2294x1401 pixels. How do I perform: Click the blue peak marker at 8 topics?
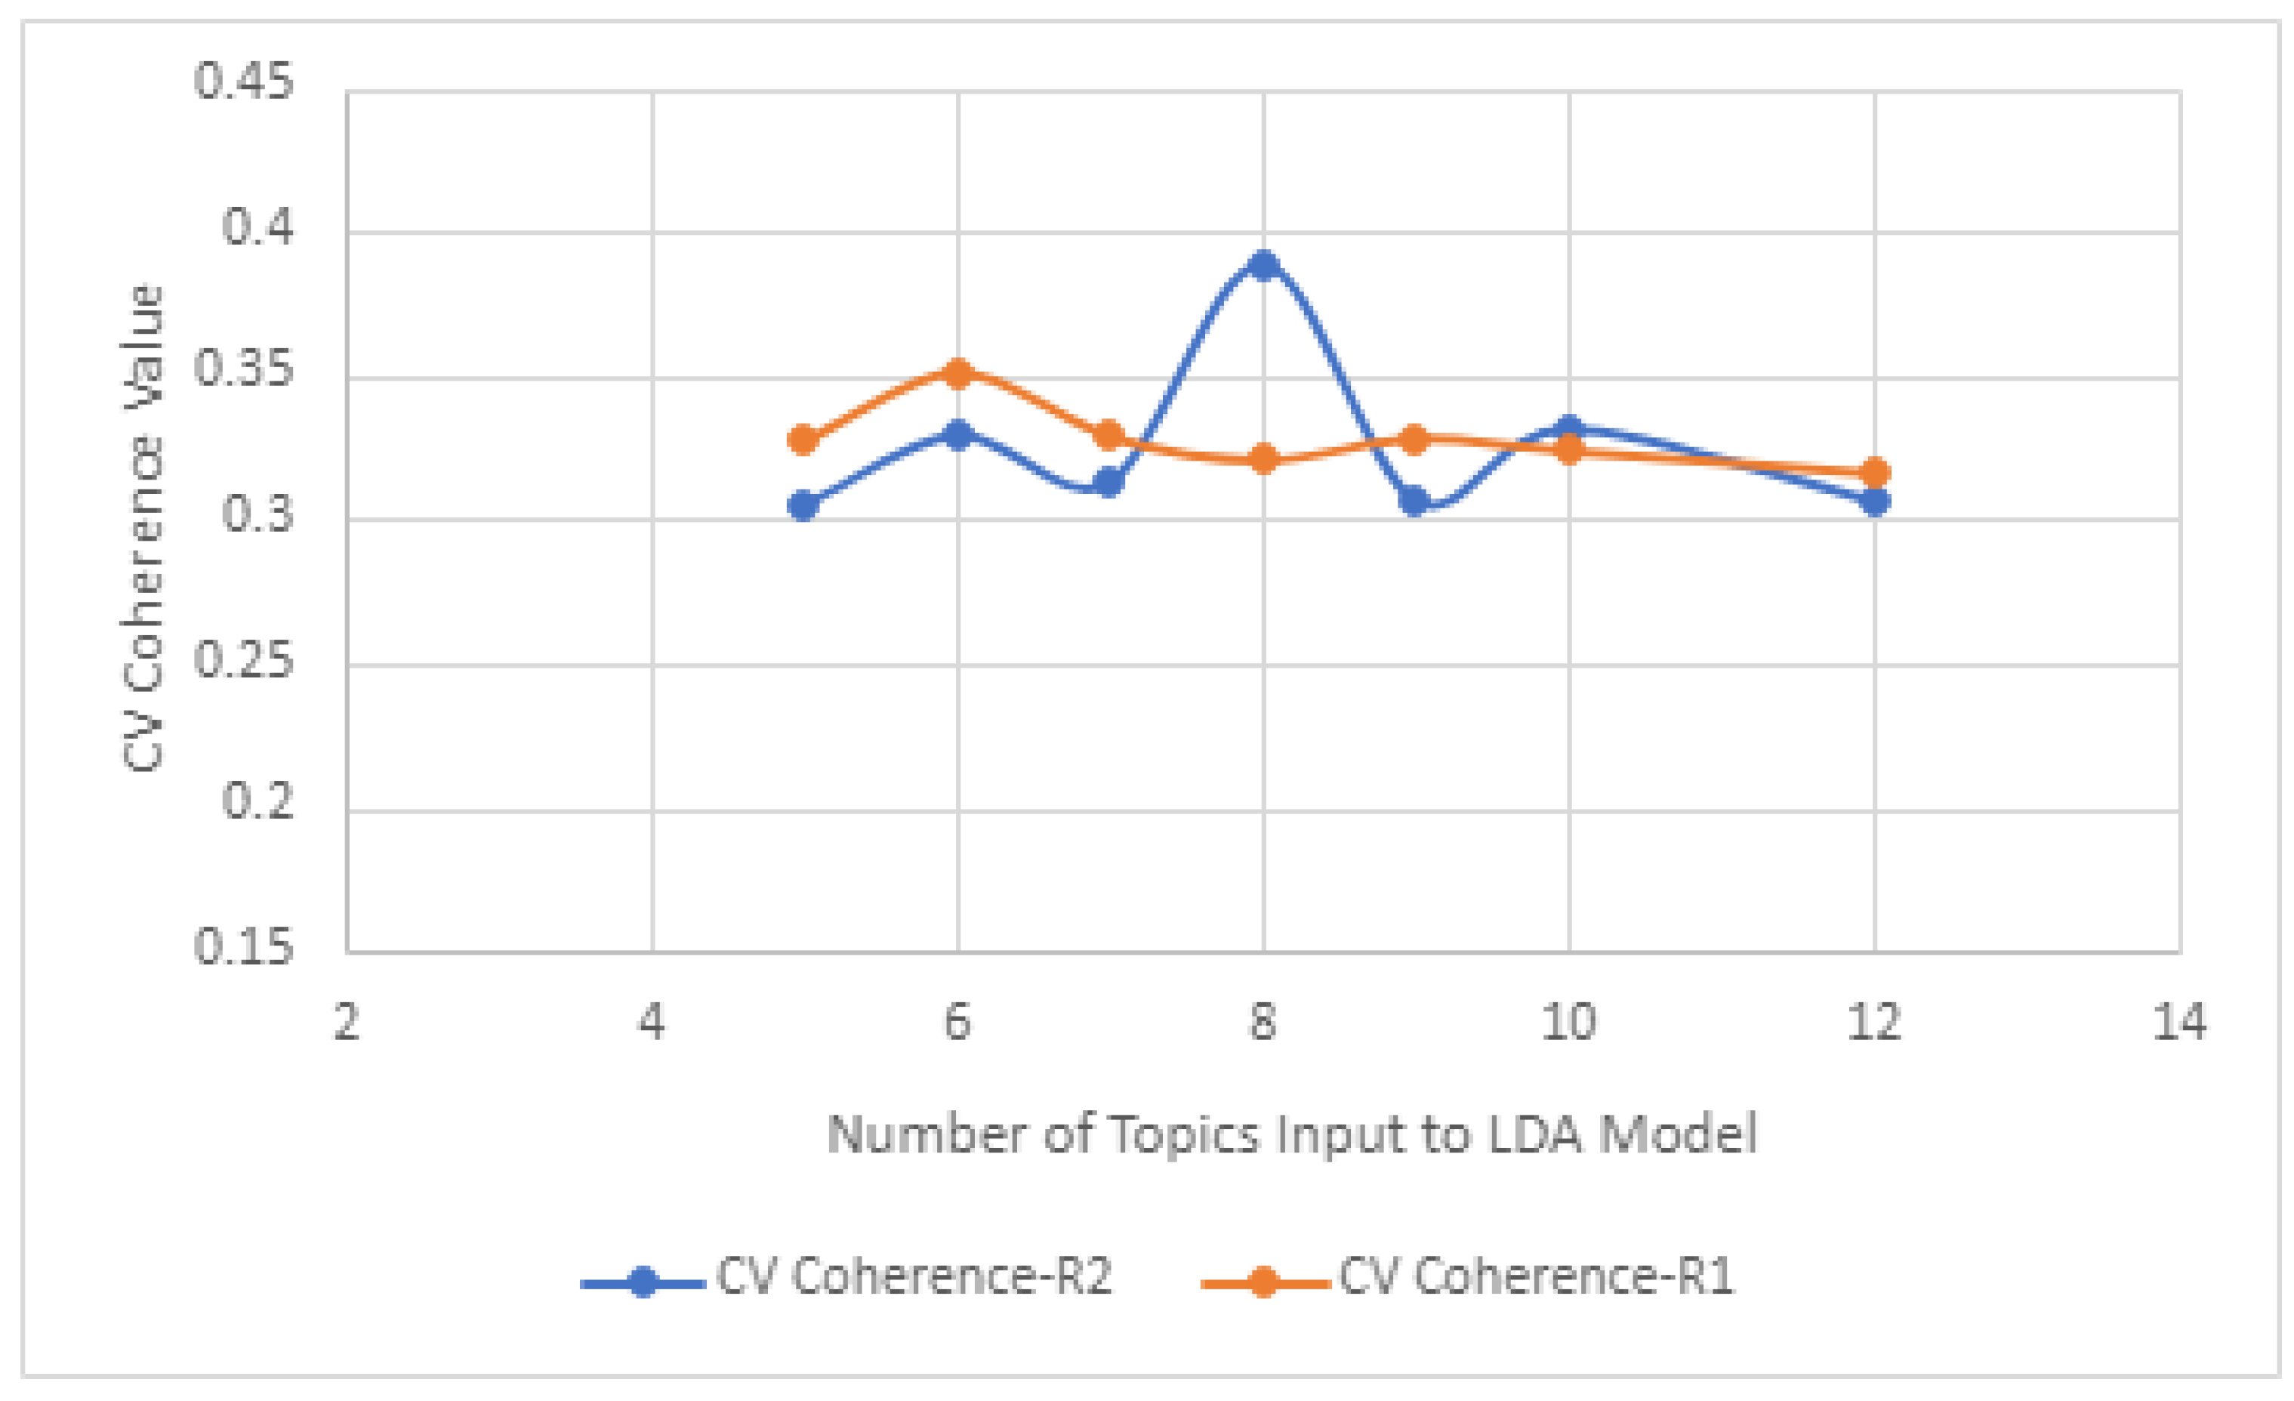click(x=1263, y=265)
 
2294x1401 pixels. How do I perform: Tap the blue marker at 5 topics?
click(x=803, y=505)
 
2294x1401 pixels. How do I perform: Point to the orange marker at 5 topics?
click(x=803, y=440)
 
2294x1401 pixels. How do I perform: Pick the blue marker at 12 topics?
click(x=1875, y=501)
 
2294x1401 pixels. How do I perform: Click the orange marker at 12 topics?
click(x=1875, y=472)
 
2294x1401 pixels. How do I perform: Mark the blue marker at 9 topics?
click(x=1414, y=500)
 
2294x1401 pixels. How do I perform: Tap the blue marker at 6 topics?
click(x=958, y=434)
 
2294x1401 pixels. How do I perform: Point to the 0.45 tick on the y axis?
click(x=243, y=82)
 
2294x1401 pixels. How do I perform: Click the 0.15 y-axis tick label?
click(x=243, y=948)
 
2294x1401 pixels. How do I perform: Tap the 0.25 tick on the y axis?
click(x=243, y=661)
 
